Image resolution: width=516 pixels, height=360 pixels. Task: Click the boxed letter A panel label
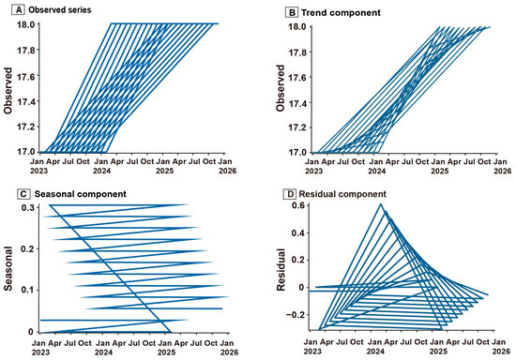[19, 10]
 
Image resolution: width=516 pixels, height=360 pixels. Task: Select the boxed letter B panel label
[292, 13]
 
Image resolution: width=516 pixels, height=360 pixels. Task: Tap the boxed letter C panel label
[23, 194]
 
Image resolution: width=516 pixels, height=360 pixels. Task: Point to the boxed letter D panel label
[290, 194]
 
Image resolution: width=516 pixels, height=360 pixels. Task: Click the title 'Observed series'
[60, 10]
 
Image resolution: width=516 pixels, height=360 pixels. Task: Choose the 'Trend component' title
[341, 13]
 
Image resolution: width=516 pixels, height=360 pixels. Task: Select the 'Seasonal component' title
[81, 194]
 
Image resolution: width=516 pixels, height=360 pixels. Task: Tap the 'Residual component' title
[342, 194]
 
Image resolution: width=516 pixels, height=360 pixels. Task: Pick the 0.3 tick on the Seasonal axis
[28, 208]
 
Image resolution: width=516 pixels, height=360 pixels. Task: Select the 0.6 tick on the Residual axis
[298, 205]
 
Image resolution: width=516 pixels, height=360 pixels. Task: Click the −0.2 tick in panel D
[296, 315]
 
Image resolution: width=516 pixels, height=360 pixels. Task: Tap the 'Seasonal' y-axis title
[8, 269]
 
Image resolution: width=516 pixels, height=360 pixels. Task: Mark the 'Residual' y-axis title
[281, 270]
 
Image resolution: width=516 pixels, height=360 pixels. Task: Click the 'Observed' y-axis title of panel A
[8, 91]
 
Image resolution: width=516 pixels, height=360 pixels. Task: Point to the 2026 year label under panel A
[228, 171]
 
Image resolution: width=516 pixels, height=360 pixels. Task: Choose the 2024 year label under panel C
[103, 352]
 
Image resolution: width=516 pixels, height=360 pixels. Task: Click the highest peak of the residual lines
[381, 204]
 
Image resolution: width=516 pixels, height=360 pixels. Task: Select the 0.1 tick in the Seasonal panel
[28, 290]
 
